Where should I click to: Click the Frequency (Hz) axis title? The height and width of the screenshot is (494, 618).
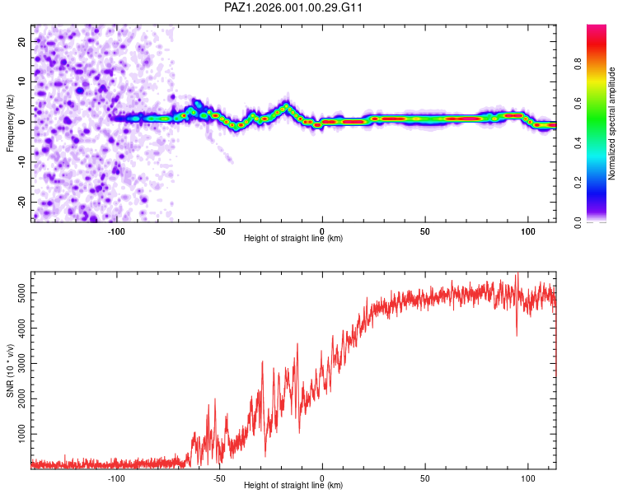(9, 123)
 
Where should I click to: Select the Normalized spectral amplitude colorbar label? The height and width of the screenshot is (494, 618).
(612, 123)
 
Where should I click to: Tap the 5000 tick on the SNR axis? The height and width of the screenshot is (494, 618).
(17, 292)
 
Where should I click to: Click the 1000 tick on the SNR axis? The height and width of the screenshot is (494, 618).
(17, 433)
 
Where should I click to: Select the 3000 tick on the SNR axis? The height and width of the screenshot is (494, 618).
(17, 363)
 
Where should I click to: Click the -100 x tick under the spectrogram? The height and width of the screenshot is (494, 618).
(116, 231)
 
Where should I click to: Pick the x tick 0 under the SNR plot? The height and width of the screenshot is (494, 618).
(322, 478)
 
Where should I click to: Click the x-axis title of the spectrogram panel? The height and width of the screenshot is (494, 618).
(293, 239)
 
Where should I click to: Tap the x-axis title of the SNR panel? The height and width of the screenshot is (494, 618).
(293, 486)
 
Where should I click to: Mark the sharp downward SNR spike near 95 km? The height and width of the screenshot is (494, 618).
(517, 334)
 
